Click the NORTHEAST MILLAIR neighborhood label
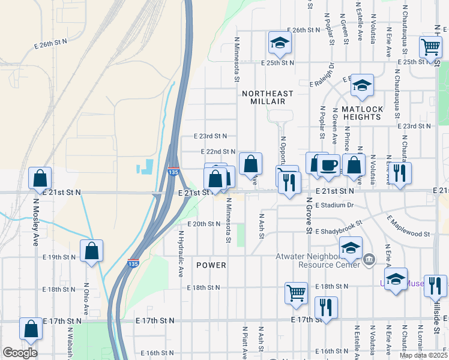point(268,98)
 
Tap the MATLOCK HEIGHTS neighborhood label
point(362,113)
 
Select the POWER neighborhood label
point(211,265)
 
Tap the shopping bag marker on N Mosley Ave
point(40,178)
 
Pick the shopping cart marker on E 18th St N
point(296,293)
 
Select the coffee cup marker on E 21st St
point(328,166)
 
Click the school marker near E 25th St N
point(279,43)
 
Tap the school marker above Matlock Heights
point(362,86)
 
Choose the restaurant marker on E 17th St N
point(326,308)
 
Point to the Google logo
point(20,353)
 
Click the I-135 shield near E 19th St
point(133,263)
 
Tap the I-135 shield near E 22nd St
point(173,172)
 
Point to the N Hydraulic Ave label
point(180,254)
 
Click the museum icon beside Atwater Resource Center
point(368,260)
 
